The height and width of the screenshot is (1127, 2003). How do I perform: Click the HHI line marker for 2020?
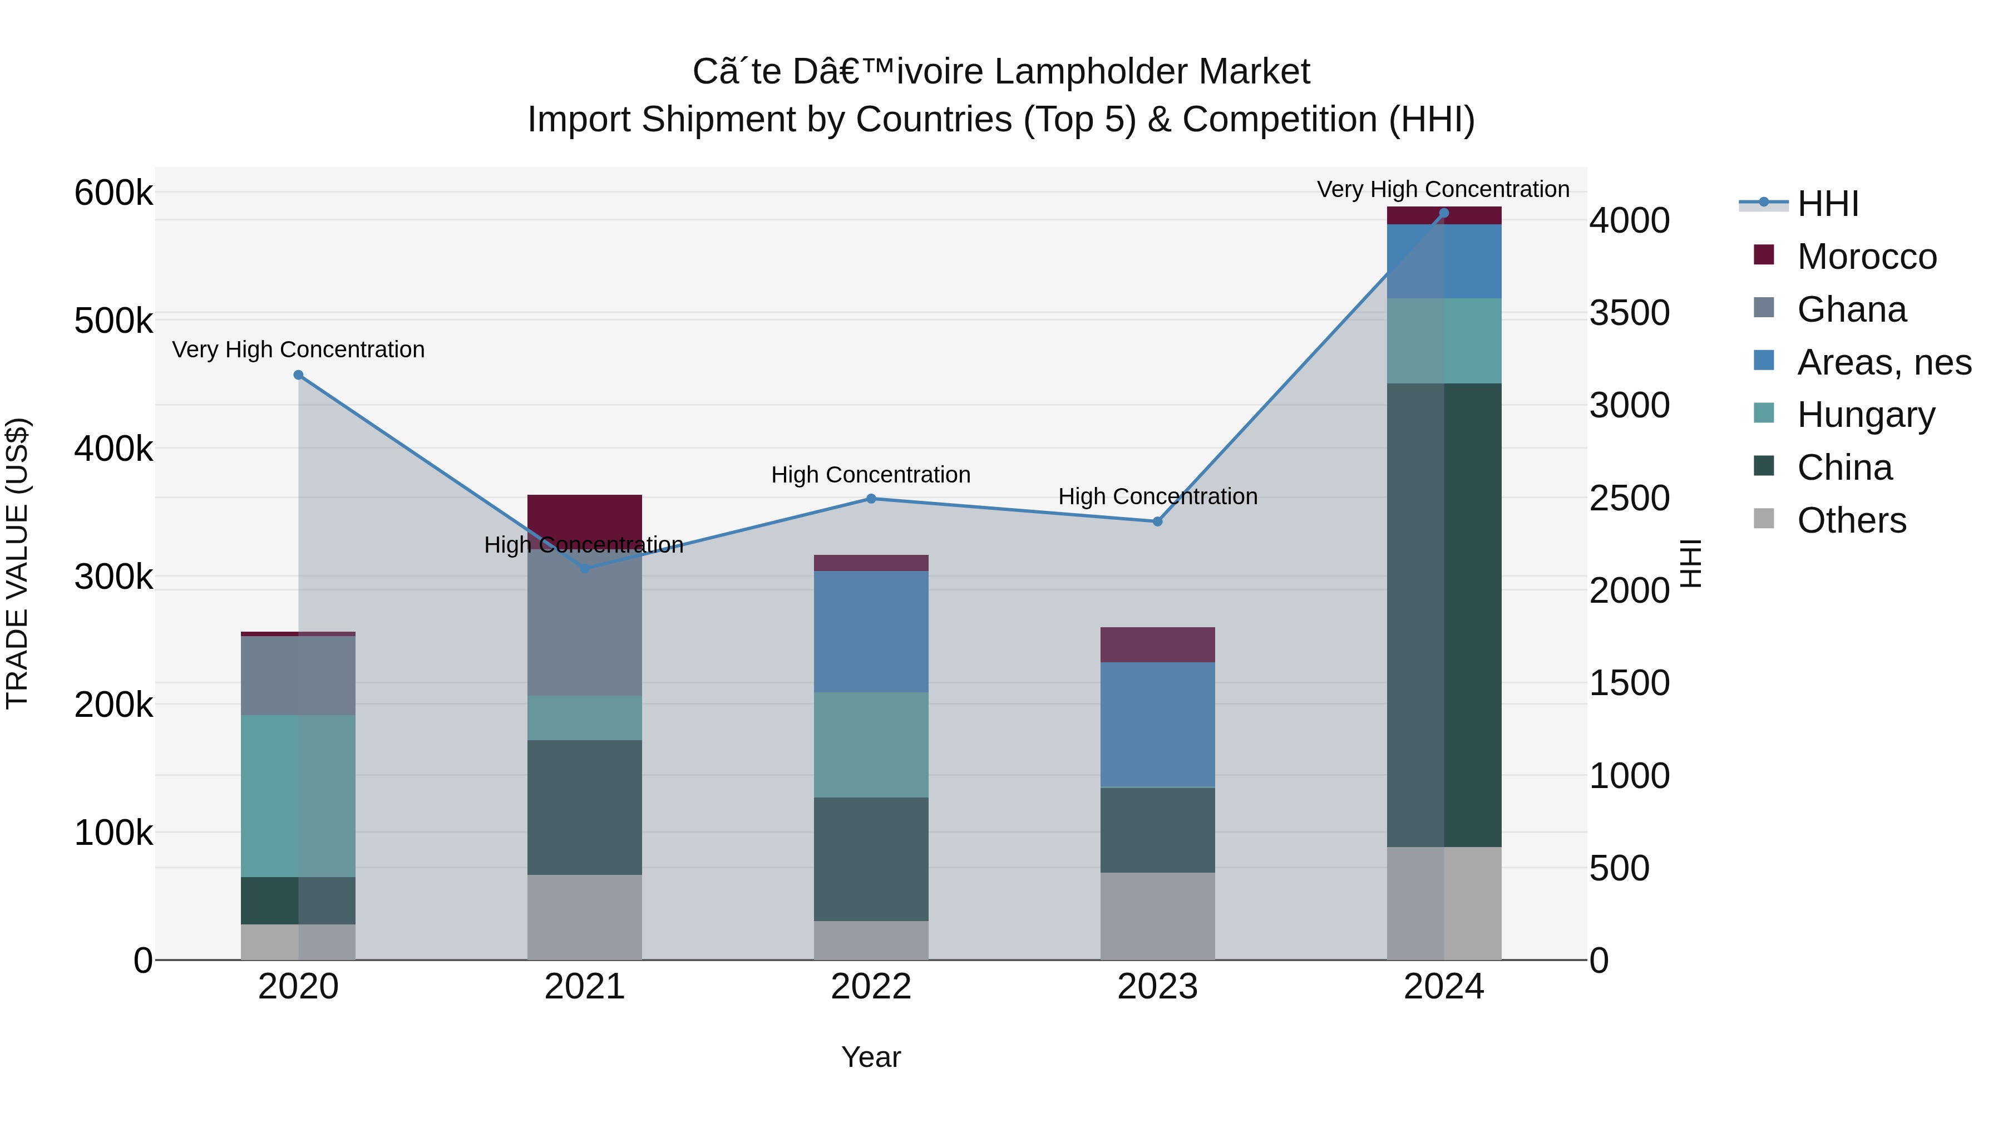point(299,375)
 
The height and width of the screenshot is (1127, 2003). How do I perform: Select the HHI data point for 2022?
point(871,499)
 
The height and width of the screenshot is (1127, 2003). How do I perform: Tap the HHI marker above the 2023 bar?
point(1157,521)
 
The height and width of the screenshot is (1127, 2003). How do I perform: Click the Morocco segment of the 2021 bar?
point(585,513)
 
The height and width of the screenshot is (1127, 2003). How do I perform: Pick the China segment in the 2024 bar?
point(1444,614)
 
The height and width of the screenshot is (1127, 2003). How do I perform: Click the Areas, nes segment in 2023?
point(1157,724)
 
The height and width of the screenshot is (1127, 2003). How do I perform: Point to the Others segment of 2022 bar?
point(871,941)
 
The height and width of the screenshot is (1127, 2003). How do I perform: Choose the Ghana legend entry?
point(1851,309)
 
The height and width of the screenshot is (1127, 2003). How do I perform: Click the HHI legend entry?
point(1827,204)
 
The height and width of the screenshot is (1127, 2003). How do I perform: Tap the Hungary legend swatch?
point(1764,413)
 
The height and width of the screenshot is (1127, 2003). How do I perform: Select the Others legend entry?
point(1851,520)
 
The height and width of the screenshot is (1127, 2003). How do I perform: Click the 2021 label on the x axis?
point(585,987)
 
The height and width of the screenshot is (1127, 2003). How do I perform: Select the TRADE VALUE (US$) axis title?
point(17,563)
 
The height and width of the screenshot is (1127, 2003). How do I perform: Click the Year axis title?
point(871,1057)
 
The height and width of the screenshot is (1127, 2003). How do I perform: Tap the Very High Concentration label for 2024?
point(1443,189)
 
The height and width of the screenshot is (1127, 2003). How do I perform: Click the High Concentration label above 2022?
point(871,474)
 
